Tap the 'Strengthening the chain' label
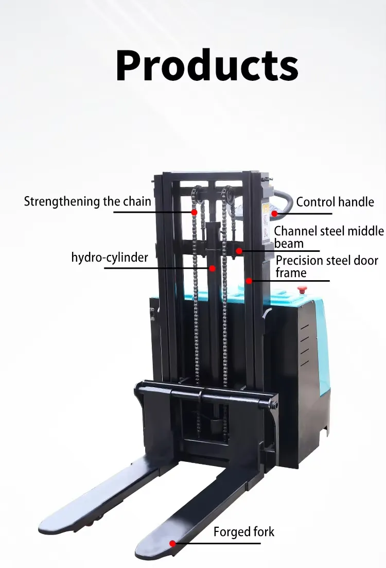[87, 201]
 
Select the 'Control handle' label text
[335, 202]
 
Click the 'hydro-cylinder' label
[110, 257]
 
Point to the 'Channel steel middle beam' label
[328, 237]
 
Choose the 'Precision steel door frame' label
[326, 266]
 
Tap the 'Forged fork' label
[244, 531]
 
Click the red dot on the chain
[195, 212]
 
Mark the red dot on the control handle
[274, 213]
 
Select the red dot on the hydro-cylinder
[212, 268]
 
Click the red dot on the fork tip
[173, 542]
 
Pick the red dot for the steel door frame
[249, 281]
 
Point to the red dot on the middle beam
[239, 251]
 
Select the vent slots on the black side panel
[305, 345]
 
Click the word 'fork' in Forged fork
[262, 531]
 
